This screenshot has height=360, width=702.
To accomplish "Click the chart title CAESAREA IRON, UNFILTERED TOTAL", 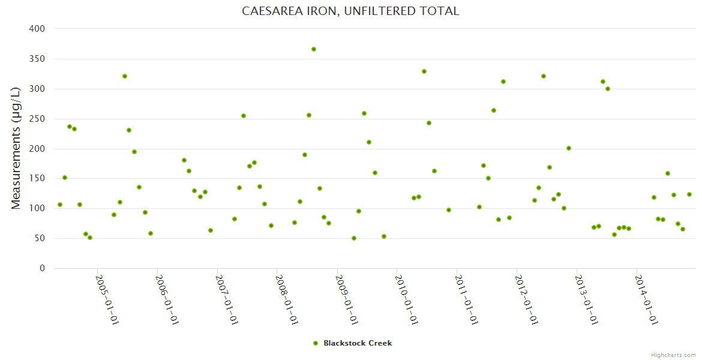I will tap(350, 11).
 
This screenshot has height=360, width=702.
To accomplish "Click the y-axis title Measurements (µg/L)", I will tap(16, 148).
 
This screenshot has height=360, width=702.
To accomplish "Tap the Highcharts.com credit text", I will tap(673, 355).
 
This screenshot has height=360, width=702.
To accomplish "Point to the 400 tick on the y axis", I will tap(37, 29).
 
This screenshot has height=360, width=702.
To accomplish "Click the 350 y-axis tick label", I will tap(37, 59).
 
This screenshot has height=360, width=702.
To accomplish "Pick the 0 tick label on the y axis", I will tap(42, 268).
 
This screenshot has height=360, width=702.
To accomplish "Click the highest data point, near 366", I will tap(314, 49).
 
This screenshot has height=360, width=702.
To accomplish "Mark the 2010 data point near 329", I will tap(424, 71).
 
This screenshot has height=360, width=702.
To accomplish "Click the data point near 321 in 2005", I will tap(125, 76).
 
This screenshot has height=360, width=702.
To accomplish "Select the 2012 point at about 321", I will tap(544, 76).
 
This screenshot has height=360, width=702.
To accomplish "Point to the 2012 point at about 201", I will tap(569, 148).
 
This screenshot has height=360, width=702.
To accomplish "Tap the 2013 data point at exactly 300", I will tap(608, 89).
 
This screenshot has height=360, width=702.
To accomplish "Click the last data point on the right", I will tap(689, 194).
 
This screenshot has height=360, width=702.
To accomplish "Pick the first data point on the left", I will tap(60, 205).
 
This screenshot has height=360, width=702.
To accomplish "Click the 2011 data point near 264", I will tap(494, 110).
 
